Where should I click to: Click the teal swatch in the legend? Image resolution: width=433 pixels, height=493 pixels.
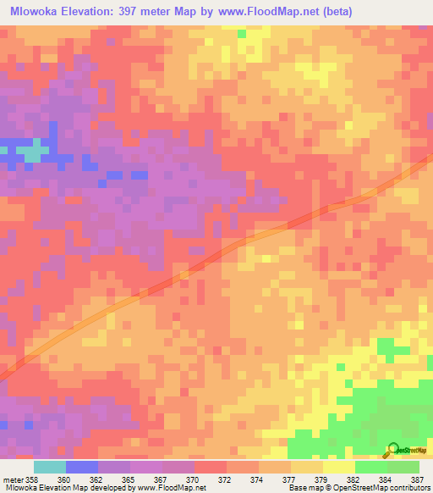click(x=49, y=467)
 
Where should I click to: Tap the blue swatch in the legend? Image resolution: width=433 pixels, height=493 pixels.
click(x=81, y=467)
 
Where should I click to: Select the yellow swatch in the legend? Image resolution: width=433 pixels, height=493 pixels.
click(x=338, y=467)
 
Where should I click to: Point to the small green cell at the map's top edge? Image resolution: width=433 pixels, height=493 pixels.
click(x=242, y=33)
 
